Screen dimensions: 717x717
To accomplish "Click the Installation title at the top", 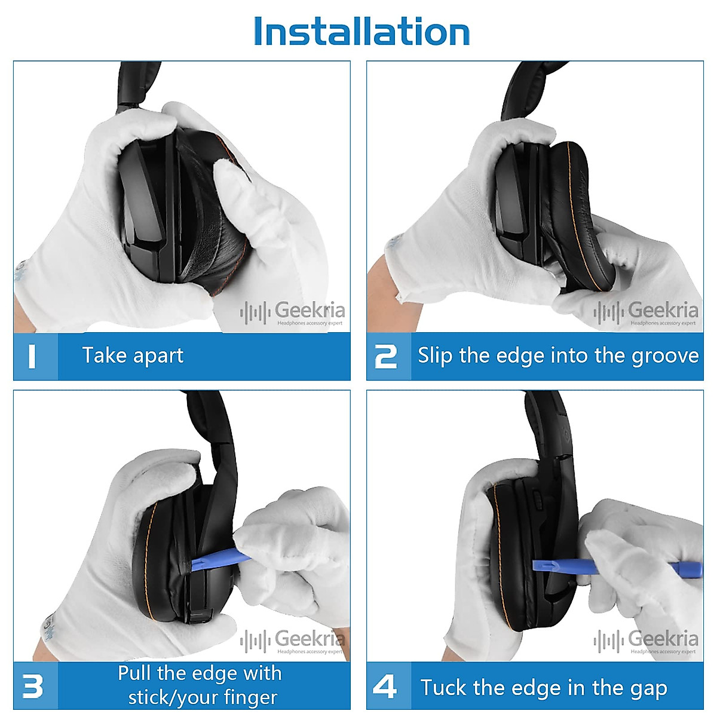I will pyautogui.click(x=361, y=31).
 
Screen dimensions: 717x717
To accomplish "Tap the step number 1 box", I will pyautogui.click(x=35, y=356).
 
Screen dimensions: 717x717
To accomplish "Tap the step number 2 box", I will pyautogui.click(x=387, y=356).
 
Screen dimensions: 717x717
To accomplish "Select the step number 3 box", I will pyautogui.click(x=35, y=686).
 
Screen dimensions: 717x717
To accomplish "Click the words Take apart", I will pyautogui.click(x=133, y=356).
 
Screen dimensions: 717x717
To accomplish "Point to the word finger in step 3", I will pyautogui.click(x=251, y=697).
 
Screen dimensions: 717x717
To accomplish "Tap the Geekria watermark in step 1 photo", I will pyautogui.click(x=293, y=312).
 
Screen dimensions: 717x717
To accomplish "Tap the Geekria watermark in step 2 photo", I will pyautogui.click(x=646, y=312).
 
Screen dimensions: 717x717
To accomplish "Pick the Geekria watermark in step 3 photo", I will pyautogui.click(x=293, y=641).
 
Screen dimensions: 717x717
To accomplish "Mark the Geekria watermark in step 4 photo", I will pyautogui.click(x=646, y=641).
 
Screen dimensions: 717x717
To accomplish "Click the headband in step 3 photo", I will pyautogui.click(x=215, y=430).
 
